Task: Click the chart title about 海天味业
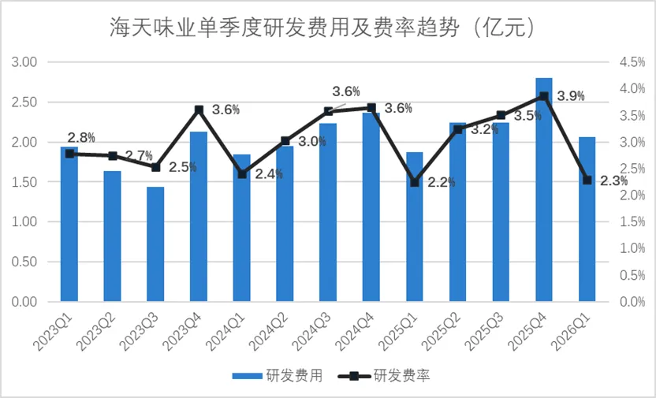pos(322,28)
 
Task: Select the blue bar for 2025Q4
pos(544,189)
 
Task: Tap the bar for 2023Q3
pos(155,244)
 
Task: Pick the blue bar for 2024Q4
pos(371,207)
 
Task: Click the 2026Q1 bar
pos(587,219)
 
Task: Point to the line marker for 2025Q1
pos(415,183)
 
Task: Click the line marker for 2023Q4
pos(199,110)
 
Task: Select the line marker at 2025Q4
pos(544,96)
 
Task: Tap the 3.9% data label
pos(571,97)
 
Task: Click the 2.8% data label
pos(81,137)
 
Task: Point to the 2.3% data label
pos(614,181)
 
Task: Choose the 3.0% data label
pos(312,141)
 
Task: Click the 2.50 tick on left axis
pos(24,102)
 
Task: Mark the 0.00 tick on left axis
pos(24,302)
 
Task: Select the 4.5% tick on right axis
pos(632,63)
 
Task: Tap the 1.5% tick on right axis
pos(632,222)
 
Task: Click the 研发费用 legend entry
pos(278,375)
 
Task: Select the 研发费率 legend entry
pos(384,375)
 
